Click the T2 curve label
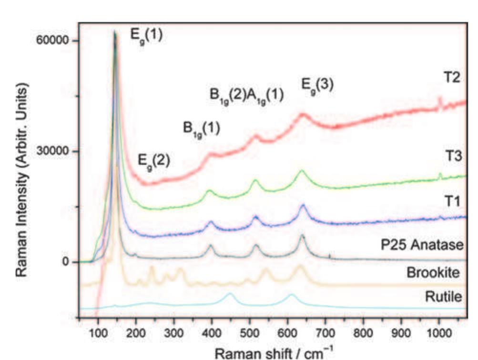pos(451,78)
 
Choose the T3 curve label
pos(453,156)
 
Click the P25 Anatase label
pos(421,245)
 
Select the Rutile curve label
pos(443,298)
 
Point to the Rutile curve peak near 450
pos(230,294)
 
